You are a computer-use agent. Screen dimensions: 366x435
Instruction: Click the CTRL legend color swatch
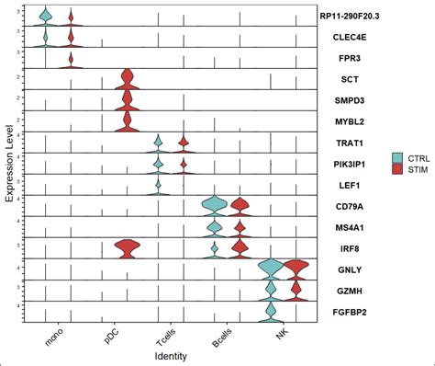click(x=397, y=157)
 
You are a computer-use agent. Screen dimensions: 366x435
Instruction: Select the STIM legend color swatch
click(x=397, y=169)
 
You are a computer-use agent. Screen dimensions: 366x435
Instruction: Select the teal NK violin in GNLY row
click(x=270, y=269)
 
